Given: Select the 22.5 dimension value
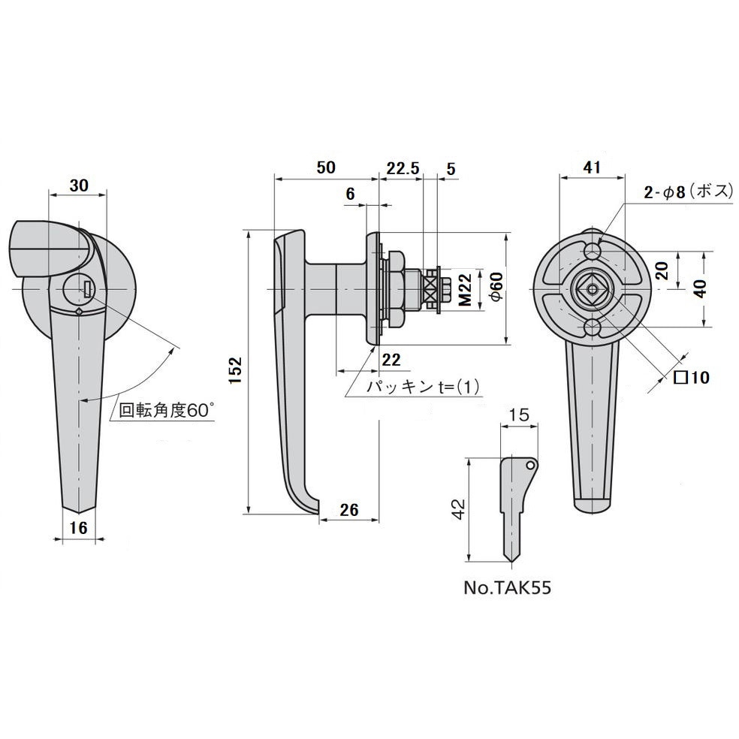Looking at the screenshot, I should [403, 168].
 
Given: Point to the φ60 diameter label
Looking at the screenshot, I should [493, 288].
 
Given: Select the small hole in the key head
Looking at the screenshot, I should [531, 466].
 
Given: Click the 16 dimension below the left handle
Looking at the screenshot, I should [78, 527].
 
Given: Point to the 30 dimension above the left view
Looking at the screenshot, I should [79, 185].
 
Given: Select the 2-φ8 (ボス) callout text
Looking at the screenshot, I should [687, 192].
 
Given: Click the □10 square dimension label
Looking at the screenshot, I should [690, 378].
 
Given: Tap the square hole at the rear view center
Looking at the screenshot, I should [592, 288].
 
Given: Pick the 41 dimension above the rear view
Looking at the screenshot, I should [592, 169].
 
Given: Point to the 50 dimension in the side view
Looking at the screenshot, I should [325, 168].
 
